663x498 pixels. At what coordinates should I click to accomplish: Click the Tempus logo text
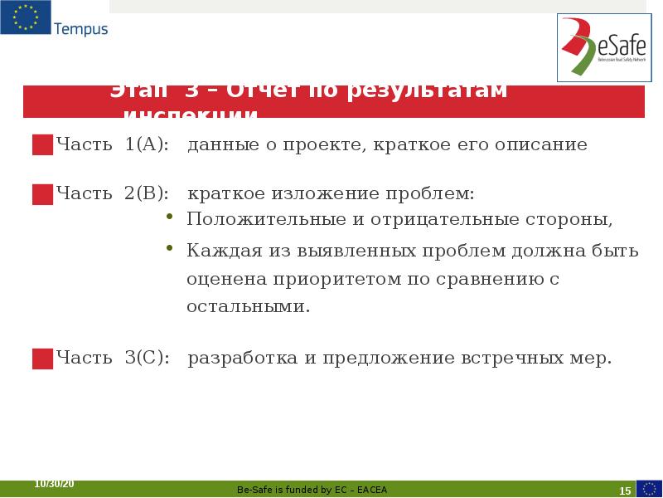point(80,29)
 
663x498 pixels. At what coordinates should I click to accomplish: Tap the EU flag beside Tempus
point(25,18)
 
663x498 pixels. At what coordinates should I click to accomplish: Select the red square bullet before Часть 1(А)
point(42,145)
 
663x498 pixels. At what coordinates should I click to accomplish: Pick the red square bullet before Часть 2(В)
point(42,195)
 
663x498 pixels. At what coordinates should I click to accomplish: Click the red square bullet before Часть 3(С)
point(42,359)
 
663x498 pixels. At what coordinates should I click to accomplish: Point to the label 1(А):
point(148,145)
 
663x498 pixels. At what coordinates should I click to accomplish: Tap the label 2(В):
point(148,194)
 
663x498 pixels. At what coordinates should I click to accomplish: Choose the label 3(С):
point(148,359)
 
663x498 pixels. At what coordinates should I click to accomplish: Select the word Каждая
point(216,251)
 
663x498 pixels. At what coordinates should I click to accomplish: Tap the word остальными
point(248,306)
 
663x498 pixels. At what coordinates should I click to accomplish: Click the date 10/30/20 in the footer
point(54,484)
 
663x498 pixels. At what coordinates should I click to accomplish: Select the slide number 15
point(625,491)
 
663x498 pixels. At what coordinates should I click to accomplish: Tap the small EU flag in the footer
point(649,488)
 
